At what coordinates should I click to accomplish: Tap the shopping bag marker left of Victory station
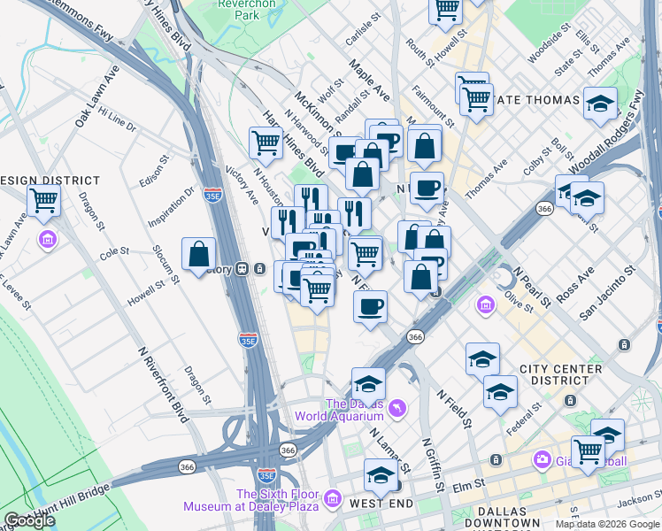click(199, 253)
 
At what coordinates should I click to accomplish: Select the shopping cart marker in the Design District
click(43, 200)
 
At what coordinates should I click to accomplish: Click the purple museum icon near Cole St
click(47, 240)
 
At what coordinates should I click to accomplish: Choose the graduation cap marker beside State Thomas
click(600, 104)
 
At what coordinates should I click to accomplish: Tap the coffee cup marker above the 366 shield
click(371, 306)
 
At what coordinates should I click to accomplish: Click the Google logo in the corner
click(28, 520)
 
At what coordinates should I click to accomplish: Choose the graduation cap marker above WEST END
click(381, 474)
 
